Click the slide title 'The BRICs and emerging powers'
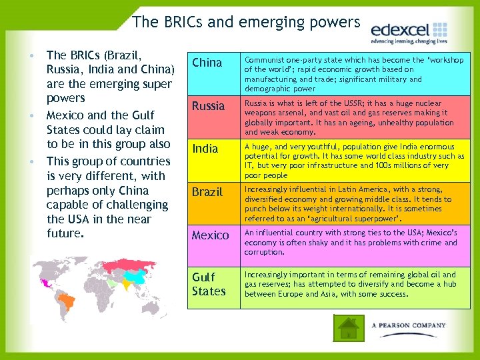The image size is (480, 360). (x=246, y=22)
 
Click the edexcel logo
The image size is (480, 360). (x=409, y=30)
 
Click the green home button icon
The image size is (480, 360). (x=347, y=327)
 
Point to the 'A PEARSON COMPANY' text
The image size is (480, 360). (x=409, y=325)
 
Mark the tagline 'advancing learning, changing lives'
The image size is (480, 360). (x=409, y=41)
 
